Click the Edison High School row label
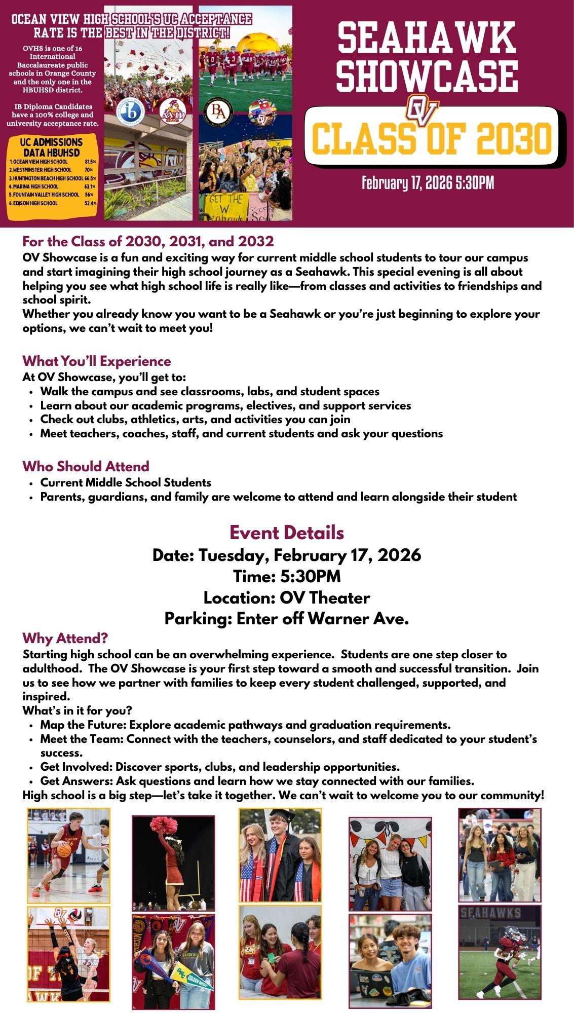(x=35, y=203)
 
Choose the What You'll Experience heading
(x=97, y=361)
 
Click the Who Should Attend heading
(x=86, y=466)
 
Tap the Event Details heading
(x=287, y=533)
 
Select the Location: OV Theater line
(x=287, y=598)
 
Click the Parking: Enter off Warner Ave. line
(x=287, y=619)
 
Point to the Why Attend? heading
(x=65, y=637)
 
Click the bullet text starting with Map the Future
(x=245, y=725)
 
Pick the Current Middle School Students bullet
(x=126, y=482)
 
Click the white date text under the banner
(x=428, y=183)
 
